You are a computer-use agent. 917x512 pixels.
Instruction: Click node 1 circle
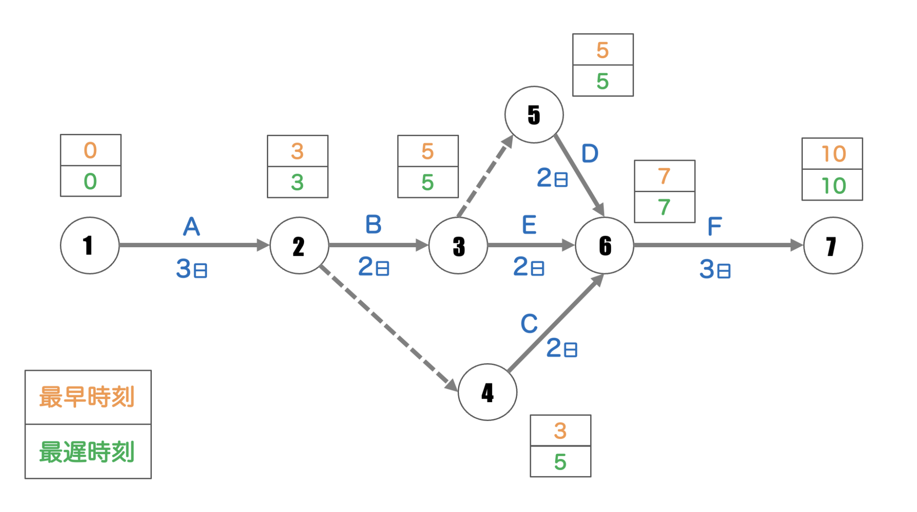[x=90, y=245]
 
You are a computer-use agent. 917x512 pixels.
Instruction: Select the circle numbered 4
[x=488, y=392]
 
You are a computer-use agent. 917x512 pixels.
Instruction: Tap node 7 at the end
[x=833, y=245]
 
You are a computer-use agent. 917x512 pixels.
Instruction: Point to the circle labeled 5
[x=534, y=115]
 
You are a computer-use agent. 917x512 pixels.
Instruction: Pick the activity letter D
[x=590, y=154]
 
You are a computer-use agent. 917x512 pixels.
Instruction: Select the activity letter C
[x=529, y=323]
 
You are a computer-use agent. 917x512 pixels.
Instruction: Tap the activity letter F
[x=714, y=226]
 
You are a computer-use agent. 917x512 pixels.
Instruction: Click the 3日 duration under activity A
[x=192, y=269]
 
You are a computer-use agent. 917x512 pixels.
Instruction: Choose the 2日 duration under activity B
[x=373, y=267]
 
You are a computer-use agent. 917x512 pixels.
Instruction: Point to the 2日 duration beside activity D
[x=552, y=178]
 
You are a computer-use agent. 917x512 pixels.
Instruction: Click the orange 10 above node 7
[x=833, y=154]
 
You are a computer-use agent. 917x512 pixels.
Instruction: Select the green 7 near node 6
[x=664, y=207]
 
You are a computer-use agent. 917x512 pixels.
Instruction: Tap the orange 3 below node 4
[x=560, y=431]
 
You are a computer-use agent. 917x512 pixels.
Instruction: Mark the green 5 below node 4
[x=560, y=462]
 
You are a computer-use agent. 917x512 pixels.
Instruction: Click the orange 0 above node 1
[x=90, y=151]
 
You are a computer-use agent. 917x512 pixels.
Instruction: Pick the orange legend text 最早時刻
[x=87, y=397]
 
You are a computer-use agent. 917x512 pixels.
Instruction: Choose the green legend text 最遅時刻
[x=87, y=452]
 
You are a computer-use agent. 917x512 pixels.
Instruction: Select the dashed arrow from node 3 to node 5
[x=485, y=176]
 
